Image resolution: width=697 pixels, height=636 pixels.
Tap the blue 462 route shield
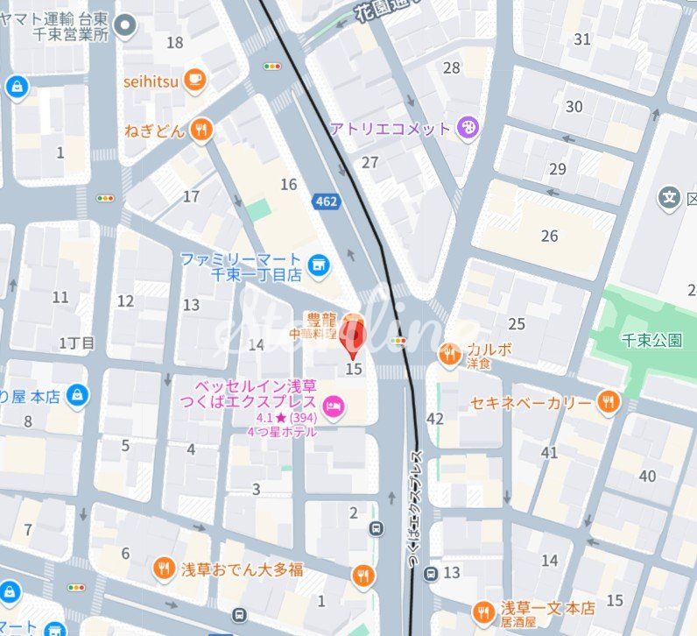click(326, 202)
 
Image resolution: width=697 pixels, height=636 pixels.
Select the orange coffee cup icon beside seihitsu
click(196, 81)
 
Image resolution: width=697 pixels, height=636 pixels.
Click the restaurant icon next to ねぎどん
click(202, 131)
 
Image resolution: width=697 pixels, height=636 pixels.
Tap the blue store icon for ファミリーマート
click(319, 261)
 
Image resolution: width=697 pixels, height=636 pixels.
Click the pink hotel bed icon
click(334, 405)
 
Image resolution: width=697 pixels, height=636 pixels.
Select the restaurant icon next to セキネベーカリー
click(608, 403)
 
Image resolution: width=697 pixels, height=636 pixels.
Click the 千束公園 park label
click(651, 340)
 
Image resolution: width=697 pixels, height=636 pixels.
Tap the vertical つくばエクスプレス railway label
click(417, 511)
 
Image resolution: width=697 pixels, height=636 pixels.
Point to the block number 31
click(582, 39)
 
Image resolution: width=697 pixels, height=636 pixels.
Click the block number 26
click(550, 236)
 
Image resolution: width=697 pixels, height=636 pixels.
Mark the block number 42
click(434, 419)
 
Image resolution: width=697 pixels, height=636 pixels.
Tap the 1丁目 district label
click(77, 343)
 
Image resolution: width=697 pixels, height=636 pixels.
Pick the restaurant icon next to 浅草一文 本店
click(482, 612)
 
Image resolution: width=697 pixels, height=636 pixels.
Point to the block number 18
click(175, 42)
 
